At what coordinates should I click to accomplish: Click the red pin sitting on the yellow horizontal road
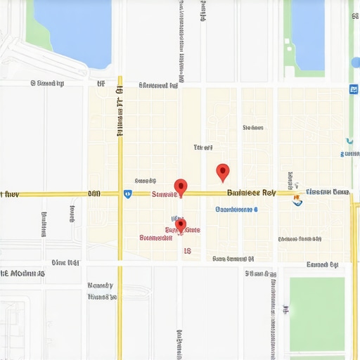(181, 186)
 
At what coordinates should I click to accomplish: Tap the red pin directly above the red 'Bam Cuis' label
(181, 225)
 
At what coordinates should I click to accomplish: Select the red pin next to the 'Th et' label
(223, 172)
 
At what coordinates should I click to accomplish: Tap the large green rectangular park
(316, 314)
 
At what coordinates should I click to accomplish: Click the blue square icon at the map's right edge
(353, 89)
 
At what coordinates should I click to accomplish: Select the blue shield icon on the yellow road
(127, 193)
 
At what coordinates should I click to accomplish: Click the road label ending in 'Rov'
(251, 192)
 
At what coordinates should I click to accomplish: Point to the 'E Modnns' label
(23, 273)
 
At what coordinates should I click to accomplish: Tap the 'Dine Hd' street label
(65, 263)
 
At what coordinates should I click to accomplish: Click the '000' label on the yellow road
(94, 193)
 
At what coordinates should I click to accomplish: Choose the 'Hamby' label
(100, 286)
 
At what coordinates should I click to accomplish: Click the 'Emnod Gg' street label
(323, 265)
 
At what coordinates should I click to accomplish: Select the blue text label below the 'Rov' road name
(236, 209)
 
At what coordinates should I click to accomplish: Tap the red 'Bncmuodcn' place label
(156, 238)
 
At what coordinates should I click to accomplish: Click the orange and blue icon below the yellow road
(297, 200)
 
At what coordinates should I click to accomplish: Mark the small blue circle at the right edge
(356, 63)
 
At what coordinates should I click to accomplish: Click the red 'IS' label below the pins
(187, 250)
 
